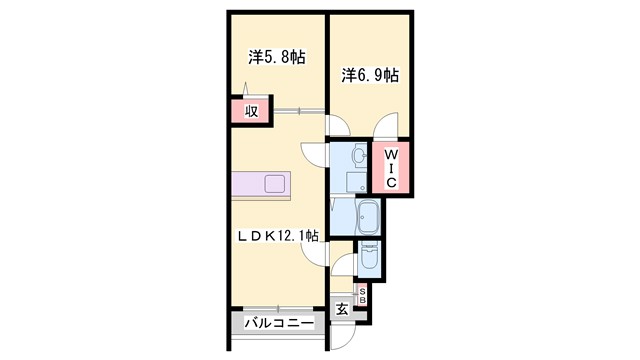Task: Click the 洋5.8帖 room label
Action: point(276,58)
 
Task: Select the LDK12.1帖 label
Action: point(278,236)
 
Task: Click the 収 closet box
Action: point(251,111)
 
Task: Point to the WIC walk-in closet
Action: point(392,169)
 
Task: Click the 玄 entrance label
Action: point(342,309)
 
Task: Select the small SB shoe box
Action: point(362,295)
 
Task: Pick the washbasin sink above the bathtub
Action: point(358,157)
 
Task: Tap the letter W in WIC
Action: point(392,155)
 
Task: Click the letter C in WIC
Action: point(392,183)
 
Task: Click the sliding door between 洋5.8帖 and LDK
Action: point(290,110)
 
